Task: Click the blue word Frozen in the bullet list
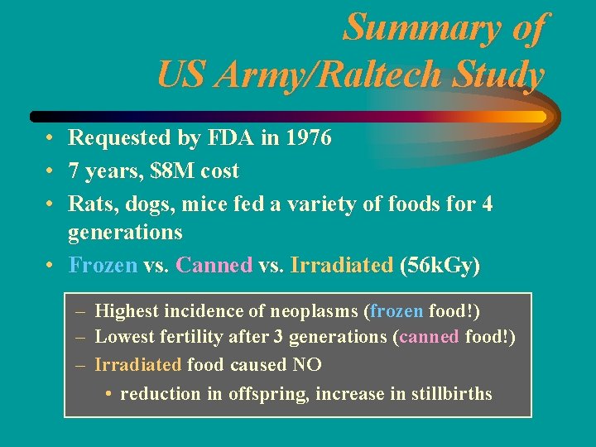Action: coord(103,265)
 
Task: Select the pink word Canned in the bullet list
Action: coord(215,265)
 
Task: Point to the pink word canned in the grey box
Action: coord(429,338)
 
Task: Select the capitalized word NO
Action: coord(306,364)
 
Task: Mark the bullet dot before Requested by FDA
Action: coord(50,138)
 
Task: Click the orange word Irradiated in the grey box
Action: coord(138,364)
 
